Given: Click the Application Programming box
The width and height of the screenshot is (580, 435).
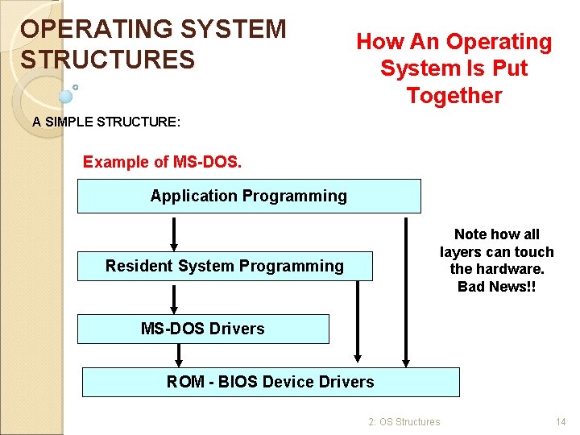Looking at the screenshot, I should click(248, 196).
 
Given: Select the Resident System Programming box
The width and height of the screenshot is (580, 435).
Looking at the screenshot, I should click(225, 266).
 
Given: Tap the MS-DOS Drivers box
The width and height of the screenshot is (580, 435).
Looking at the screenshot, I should click(203, 329).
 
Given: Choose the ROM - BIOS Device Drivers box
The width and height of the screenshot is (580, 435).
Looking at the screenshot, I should click(271, 382).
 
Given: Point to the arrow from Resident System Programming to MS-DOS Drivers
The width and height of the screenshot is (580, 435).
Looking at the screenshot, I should click(173, 297).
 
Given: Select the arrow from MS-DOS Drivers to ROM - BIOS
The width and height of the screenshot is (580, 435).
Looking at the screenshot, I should click(179, 355).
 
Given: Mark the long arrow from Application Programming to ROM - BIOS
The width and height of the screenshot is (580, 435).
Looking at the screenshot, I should click(406, 290).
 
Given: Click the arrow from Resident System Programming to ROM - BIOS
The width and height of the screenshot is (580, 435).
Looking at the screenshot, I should click(358, 322).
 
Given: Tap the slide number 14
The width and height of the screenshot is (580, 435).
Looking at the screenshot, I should click(561, 421).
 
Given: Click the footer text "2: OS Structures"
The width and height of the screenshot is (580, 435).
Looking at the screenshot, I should click(404, 421).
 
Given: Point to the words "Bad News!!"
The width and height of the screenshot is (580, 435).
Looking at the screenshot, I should click(496, 287).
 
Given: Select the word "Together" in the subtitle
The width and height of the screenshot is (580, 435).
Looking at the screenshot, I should click(454, 96).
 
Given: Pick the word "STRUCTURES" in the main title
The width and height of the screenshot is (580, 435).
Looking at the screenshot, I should click(108, 60).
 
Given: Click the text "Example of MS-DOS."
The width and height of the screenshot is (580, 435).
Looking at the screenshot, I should click(162, 162).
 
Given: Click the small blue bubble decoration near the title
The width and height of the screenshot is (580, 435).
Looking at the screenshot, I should click(65, 96).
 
